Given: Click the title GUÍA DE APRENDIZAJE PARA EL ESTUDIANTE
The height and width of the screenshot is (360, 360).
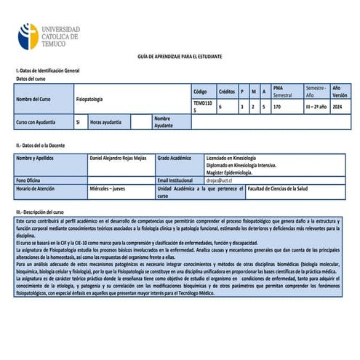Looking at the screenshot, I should (x=180, y=57).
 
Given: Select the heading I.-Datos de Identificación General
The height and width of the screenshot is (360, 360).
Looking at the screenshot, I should (x=47, y=71).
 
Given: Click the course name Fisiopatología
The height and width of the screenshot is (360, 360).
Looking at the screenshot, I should (x=89, y=98).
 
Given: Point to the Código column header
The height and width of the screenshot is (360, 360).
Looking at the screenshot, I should (x=200, y=92).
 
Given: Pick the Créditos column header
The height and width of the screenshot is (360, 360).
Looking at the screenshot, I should (x=227, y=92).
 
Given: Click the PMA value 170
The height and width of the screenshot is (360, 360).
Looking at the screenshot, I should (x=277, y=106).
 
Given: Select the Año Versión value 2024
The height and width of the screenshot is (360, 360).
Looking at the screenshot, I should (x=337, y=106).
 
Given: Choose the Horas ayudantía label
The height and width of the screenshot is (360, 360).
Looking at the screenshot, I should (x=105, y=121).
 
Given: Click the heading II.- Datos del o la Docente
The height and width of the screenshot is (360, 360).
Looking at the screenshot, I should (x=47, y=145).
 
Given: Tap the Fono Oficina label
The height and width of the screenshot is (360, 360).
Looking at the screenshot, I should (x=30, y=179).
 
